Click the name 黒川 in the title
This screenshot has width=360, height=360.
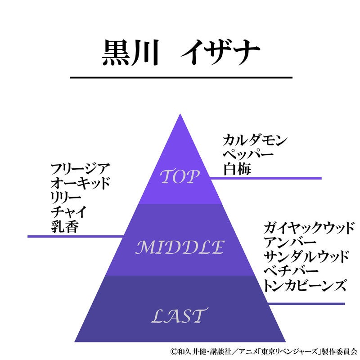tap(130, 54)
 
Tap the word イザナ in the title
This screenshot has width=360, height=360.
tap(220, 54)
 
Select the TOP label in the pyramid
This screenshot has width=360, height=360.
tap(180, 177)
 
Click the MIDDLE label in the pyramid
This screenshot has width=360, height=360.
tap(180, 247)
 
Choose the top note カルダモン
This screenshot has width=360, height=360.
tap(255, 140)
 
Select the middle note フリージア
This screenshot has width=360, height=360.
tap(81, 170)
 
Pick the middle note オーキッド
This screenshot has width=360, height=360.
tap(81, 184)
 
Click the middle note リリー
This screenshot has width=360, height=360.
tap(66, 198)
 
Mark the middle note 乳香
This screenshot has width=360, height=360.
tap(65, 227)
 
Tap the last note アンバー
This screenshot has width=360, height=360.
tap(286, 242)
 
